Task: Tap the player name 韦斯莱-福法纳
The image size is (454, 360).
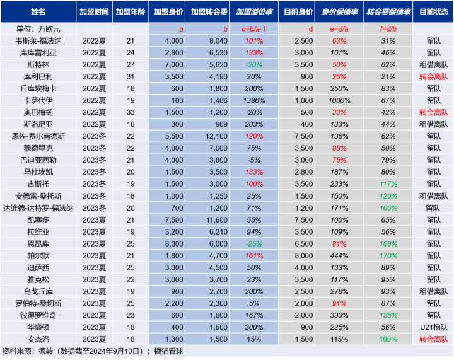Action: (x=38, y=41)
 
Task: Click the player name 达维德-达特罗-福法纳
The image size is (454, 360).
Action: (x=38, y=207)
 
